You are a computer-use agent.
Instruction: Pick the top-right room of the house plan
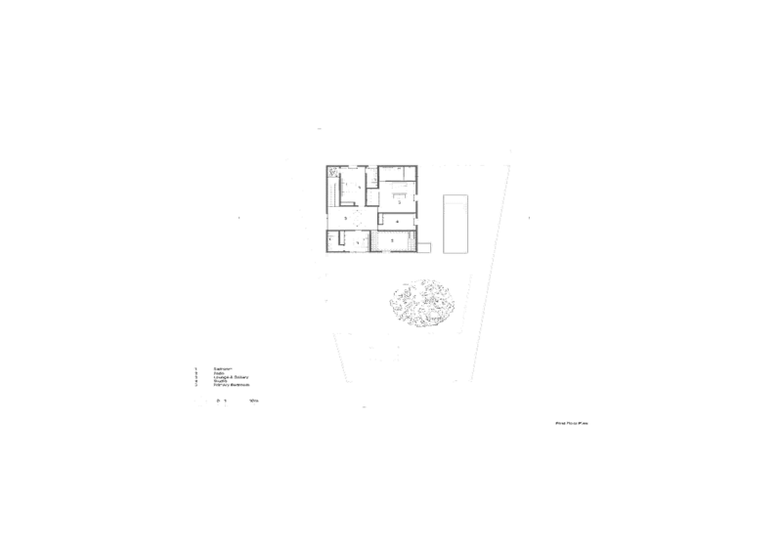click(x=399, y=186)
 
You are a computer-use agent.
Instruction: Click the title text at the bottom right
click(x=574, y=423)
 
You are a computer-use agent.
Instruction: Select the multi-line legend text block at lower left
click(x=231, y=376)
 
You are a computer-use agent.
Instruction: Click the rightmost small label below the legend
click(x=253, y=401)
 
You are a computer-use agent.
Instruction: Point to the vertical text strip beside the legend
click(x=196, y=375)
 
